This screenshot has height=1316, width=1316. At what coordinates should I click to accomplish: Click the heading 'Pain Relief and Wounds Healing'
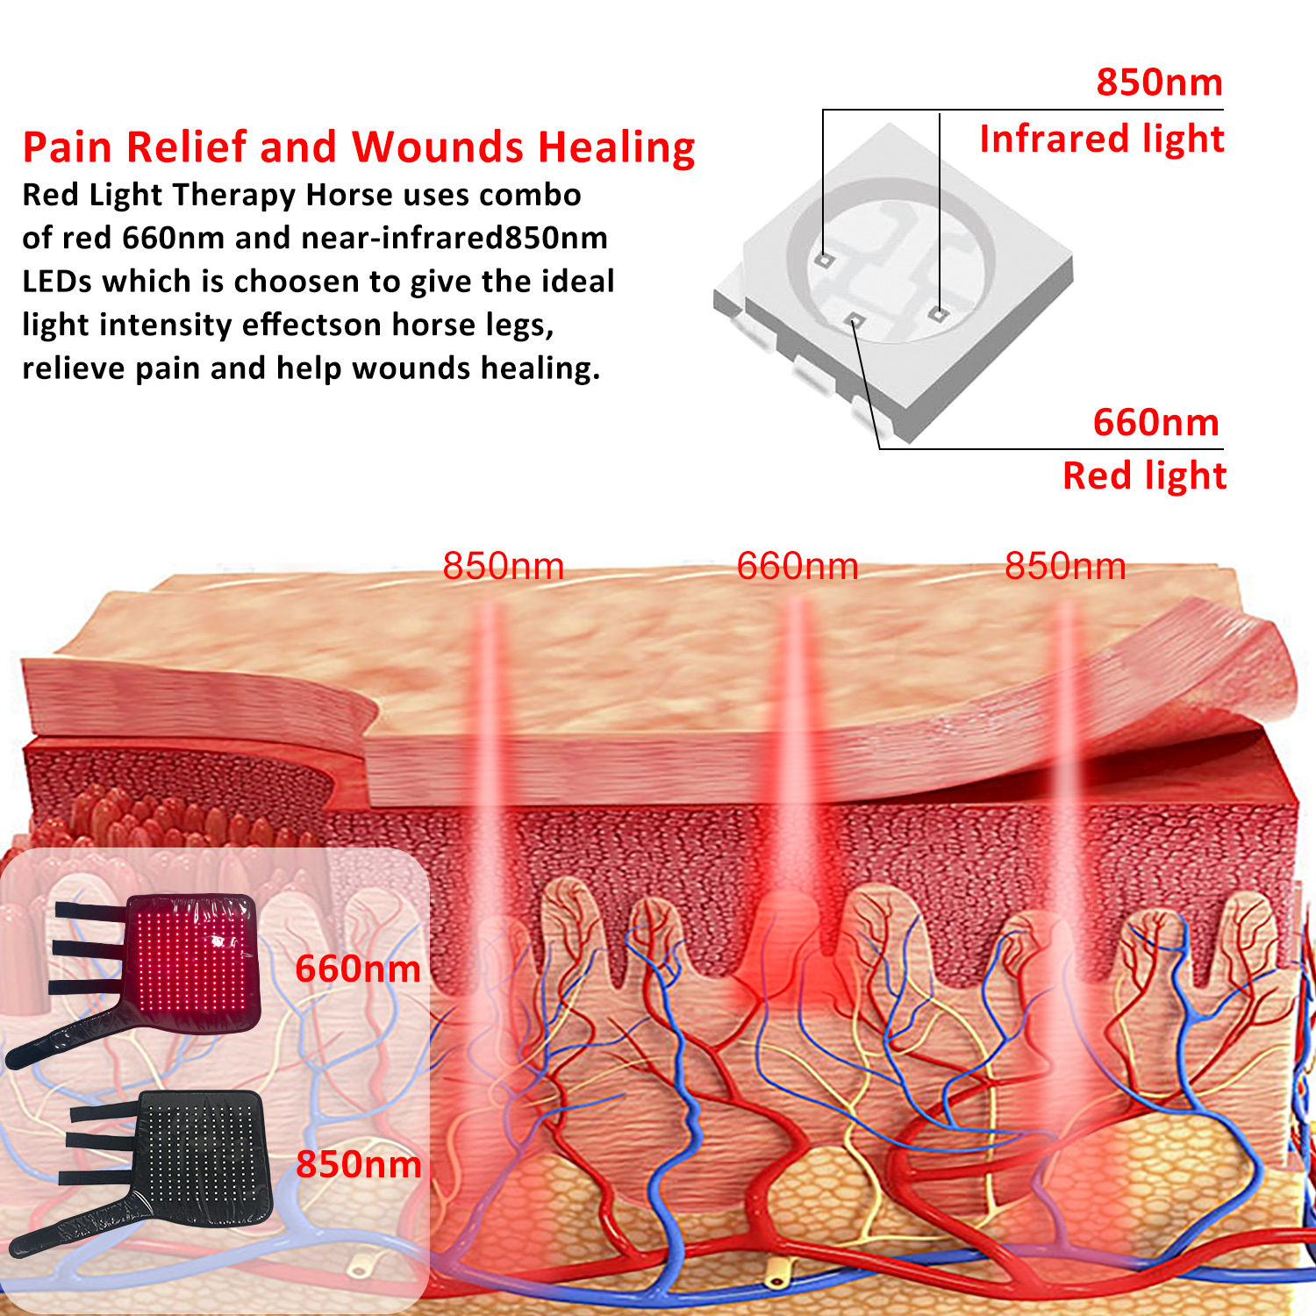click(x=358, y=147)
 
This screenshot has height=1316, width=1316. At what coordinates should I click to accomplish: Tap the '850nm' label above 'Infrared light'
click(x=1159, y=82)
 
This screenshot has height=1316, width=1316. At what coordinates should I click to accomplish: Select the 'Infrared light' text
click(x=1101, y=139)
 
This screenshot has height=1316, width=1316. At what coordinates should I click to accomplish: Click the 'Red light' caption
click(x=1143, y=476)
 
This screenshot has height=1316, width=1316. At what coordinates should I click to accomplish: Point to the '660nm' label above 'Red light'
click(x=1155, y=423)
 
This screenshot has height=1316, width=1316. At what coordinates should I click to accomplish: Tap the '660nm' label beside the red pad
click(x=358, y=969)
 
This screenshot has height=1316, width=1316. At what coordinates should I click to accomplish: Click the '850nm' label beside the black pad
click(x=358, y=1164)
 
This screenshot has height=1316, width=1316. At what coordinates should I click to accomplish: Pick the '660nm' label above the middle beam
click(x=797, y=567)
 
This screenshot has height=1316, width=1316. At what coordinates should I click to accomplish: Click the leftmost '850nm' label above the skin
click(x=503, y=567)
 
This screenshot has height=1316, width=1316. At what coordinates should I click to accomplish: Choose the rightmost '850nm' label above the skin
click(x=1064, y=567)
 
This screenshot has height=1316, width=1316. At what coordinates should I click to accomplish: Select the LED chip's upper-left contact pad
click(x=823, y=259)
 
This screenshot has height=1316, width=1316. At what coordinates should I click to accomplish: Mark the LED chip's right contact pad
click(x=938, y=312)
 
